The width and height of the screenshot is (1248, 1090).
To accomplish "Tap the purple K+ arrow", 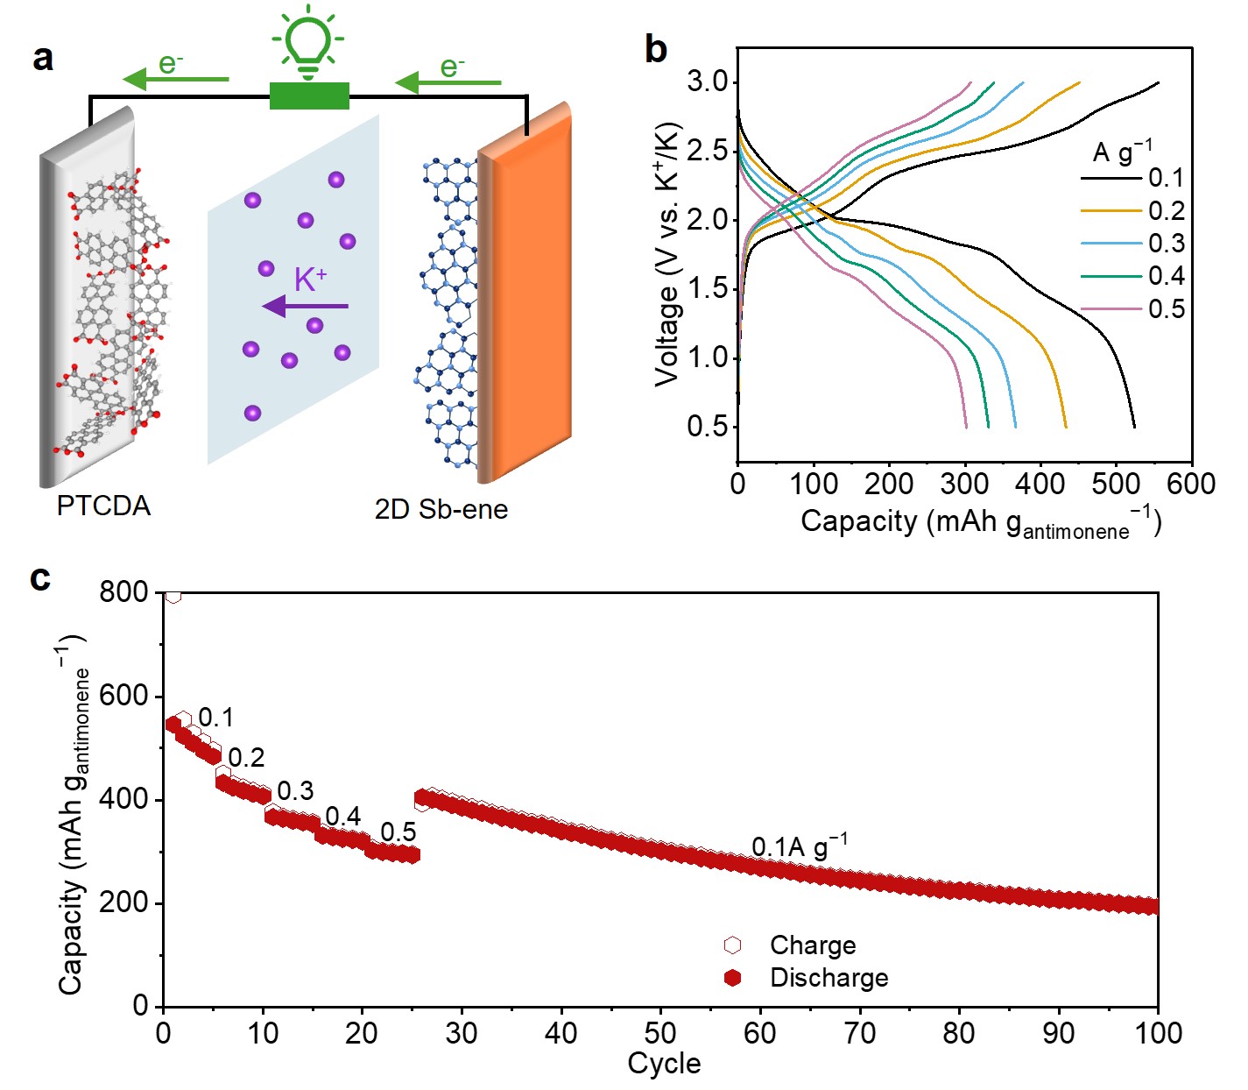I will point(306,307).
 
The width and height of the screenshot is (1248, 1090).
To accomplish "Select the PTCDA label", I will point(103,506).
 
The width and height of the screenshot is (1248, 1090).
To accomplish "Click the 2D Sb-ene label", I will point(441,509).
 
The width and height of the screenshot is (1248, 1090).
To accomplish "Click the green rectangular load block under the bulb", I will point(309,96).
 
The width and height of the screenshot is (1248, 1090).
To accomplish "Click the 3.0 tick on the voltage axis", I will point(708,82).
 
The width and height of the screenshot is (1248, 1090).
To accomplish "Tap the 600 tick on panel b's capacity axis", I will point(1191,484).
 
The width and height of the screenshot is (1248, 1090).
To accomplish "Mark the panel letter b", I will point(656,49).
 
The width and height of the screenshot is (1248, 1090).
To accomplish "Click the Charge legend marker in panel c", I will point(733,945).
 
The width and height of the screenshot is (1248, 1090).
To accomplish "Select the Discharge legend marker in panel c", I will point(733,977).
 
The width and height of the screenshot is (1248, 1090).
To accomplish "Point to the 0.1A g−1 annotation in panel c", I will point(799,846).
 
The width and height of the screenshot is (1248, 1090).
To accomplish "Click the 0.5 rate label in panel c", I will point(398,832).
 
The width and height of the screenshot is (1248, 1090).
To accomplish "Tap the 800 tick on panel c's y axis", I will point(123,592).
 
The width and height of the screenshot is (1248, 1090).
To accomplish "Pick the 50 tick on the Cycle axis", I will point(660,1033).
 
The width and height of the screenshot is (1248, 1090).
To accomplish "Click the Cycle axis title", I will point(664,1064).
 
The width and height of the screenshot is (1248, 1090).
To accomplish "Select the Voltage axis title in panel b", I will point(668,254).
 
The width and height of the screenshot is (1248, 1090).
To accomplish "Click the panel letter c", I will point(40,578).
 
